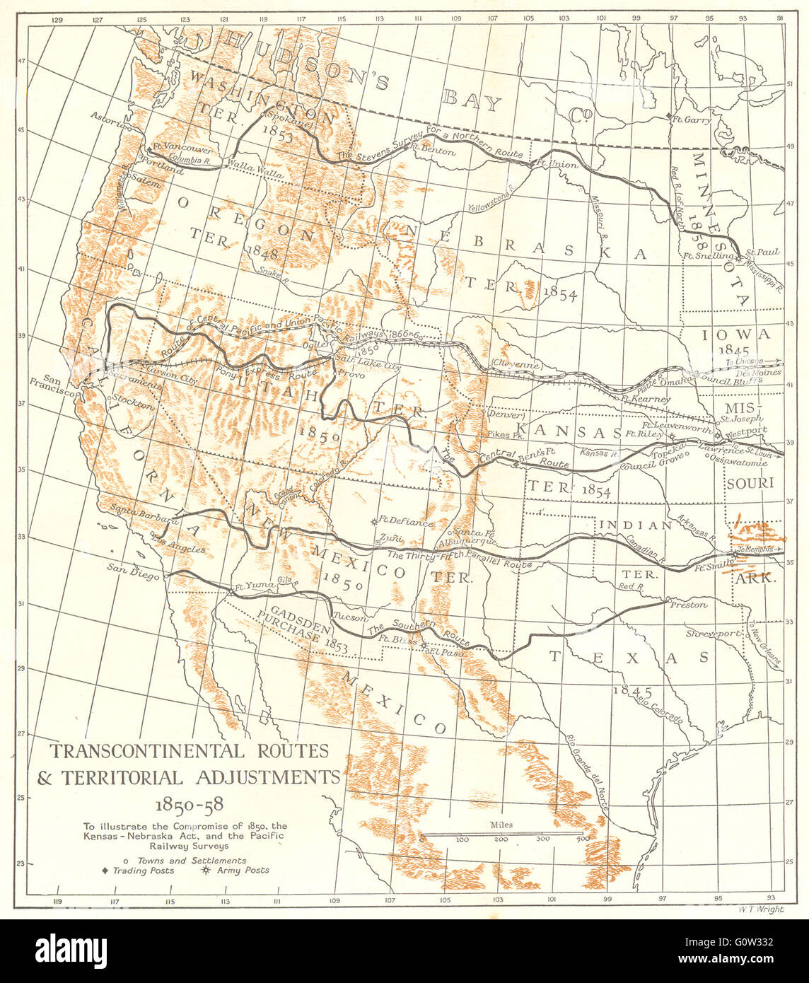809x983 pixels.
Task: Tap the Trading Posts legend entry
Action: point(144,871)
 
